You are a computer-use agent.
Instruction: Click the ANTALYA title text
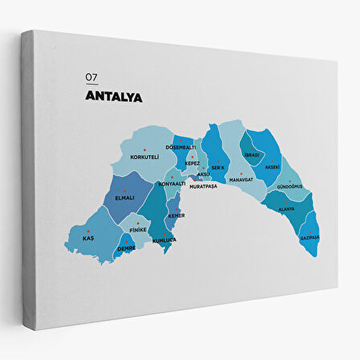point(113,97)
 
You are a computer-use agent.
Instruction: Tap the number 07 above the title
point(91,78)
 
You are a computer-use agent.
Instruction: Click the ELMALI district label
point(125,197)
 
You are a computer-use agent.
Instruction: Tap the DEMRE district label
point(126,248)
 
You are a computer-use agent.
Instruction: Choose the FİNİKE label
point(137,230)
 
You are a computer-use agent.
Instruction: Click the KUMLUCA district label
point(165,239)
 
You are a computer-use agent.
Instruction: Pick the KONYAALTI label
point(172,183)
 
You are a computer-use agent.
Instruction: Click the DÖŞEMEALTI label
point(180,147)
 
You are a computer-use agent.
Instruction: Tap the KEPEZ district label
point(192,163)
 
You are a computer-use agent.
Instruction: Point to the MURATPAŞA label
point(205,186)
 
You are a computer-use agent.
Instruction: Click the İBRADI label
point(252,154)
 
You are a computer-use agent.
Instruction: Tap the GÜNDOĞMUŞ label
point(289,186)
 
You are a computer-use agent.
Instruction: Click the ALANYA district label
point(286,209)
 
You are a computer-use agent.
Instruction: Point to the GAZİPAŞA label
point(309,237)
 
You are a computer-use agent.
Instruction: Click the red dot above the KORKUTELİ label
point(145,149)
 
